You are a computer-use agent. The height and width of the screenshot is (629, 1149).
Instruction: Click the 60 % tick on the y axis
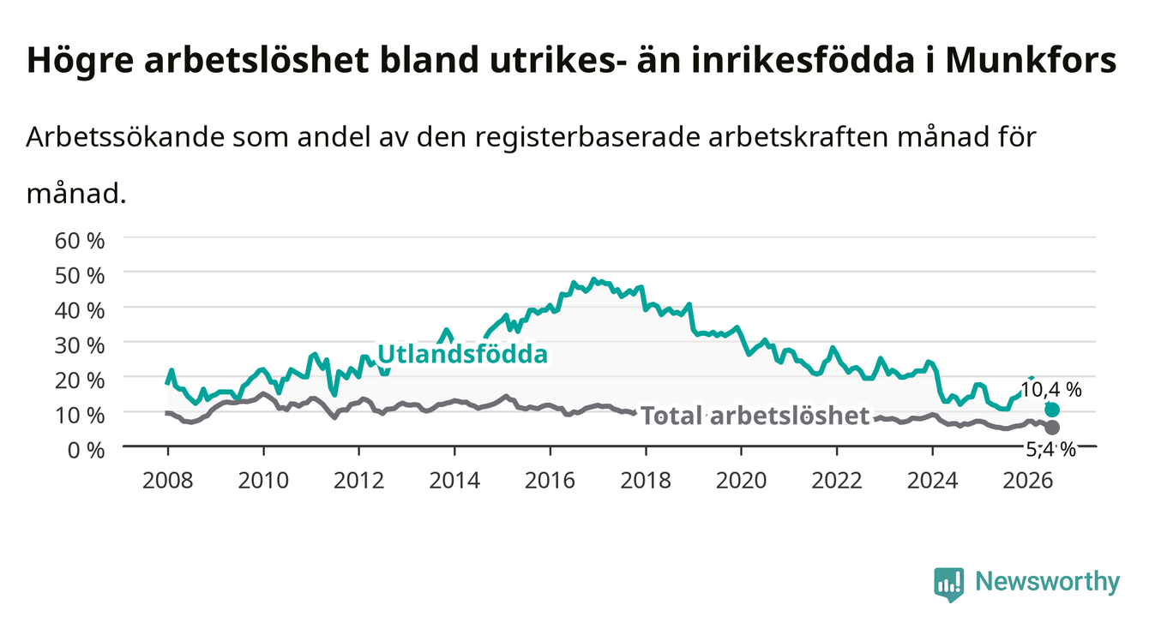pos(80,241)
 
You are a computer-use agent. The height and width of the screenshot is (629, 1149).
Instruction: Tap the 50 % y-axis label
pos(80,276)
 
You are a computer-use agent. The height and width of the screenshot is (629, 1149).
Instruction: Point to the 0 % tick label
pos(86,450)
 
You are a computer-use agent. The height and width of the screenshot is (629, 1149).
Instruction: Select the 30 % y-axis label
pos(80,345)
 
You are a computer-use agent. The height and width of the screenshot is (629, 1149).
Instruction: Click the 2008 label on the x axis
pos(168,481)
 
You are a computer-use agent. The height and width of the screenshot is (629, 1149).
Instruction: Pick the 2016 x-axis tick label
pos(550,481)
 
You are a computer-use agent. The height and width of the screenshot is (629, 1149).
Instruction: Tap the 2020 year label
pos(741,481)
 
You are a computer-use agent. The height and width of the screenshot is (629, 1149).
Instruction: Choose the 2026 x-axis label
pos(1028,481)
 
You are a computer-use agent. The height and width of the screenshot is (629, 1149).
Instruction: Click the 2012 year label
pos(359,481)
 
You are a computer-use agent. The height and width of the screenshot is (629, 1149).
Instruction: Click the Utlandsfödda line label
pos(463,354)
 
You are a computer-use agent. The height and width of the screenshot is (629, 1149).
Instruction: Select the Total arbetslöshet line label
pos(755,416)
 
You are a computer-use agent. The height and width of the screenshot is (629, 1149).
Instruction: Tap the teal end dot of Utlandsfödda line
pos(1052,410)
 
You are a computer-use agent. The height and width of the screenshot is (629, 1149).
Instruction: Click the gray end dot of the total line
pos(1052,427)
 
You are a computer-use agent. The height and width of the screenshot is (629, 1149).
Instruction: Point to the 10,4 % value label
pos(1051,390)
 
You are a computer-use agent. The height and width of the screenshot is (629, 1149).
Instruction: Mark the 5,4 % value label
pos(1050,450)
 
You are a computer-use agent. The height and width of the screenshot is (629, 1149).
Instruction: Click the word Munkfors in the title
pos(1031,61)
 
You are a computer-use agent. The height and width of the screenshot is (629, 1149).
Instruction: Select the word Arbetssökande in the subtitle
pos(125,137)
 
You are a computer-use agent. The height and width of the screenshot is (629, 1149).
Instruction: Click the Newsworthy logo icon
pos(948,584)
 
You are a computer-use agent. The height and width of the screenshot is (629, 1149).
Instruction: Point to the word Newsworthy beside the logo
pos(1048,583)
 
